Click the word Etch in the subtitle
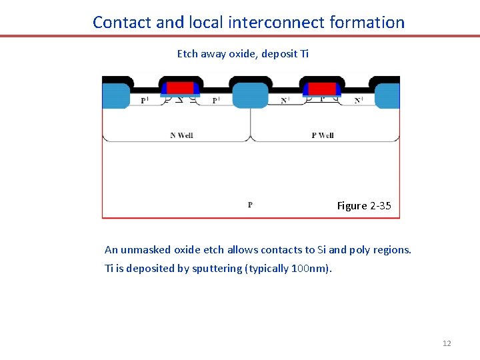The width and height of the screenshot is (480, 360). [x=187, y=53]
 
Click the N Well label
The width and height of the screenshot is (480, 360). [x=181, y=135]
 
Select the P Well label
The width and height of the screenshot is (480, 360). [x=323, y=135]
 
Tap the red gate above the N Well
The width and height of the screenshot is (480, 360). [x=179, y=88]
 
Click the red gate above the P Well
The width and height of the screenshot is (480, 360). [x=322, y=88]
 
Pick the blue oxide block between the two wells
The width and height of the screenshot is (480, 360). [x=250, y=95]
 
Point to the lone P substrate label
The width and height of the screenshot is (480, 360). [x=250, y=205]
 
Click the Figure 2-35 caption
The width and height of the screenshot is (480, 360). [x=364, y=205]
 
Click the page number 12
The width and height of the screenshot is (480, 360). [x=447, y=343]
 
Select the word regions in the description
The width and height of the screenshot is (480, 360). [x=393, y=250]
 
